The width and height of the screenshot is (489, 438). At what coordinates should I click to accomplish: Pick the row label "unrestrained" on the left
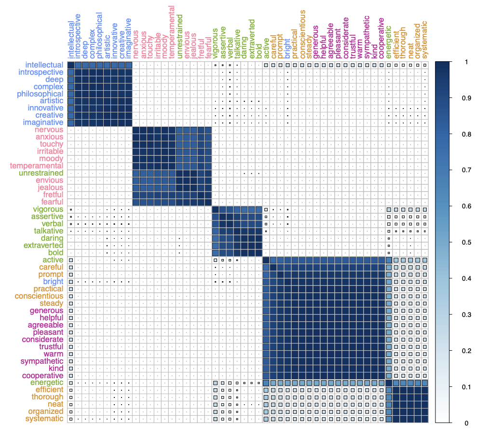click(41, 173)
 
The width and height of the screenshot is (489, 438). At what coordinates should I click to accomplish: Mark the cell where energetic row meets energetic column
click(389, 383)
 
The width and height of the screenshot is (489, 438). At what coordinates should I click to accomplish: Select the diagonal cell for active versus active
click(266, 260)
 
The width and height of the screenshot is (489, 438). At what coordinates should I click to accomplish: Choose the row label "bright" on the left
click(53, 282)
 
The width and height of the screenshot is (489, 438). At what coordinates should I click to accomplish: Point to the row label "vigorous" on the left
click(48, 209)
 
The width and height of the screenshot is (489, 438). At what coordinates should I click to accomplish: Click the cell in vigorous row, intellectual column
click(70, 209)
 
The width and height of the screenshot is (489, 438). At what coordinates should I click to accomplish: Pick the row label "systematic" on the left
click(44, 419)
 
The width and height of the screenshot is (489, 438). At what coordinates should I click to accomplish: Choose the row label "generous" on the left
click(46, 311)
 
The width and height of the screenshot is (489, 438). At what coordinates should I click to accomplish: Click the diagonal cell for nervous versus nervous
click(136, 130)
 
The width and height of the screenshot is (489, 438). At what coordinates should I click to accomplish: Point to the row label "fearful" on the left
click(51, 202)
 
